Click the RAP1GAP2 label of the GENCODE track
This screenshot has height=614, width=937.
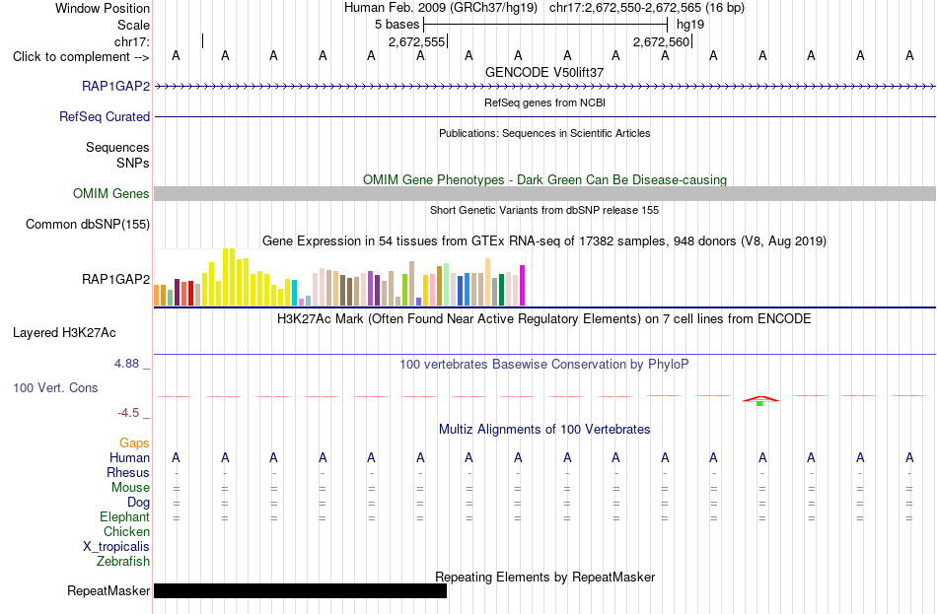pyautogui.click(x=116, y=86)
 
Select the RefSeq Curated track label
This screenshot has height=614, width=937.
pyautogui.click(x=105, y=116)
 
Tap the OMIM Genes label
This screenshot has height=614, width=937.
pyautogui.click(x=111, y=193)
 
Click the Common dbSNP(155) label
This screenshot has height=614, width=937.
pyautogui.click(x=88, y=224)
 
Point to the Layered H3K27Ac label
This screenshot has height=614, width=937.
pyautogui.click(x=64, y=333)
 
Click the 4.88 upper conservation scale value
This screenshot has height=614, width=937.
pyautogui.click(x=126, y=363)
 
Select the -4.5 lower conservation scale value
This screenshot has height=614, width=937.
pyautogui.click(x=128, y=413)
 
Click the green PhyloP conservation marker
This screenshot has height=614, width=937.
pyautogui.click(x=759, y=404)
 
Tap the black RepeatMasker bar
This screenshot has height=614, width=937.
pyautogui.click(x=300, y=590)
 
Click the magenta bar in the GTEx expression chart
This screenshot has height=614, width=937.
pyautogui.click(x=523, y=286)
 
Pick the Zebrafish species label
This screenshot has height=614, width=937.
pyautogui.click(x=123, y=562)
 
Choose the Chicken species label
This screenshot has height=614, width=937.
pyautogui.click(x=126, y=531)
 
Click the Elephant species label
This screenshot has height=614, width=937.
pyautogui.click(x=125, y=517)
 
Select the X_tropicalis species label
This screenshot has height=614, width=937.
pyautogui.click(x=116, y=547)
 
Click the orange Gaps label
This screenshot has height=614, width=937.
pyautogui.click(x=134, y=443)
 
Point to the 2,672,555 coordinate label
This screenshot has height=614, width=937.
pyautogui.click(x=416, y=41)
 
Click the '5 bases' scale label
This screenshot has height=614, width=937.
pyautogui.click(x=397, y=25)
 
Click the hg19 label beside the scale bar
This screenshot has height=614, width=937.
pyautogui.click(x=690, y=25)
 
